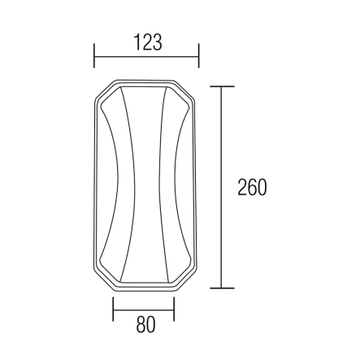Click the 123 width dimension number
click(148, 42)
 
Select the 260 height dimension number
click(252, 187)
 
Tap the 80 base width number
click(145, 324)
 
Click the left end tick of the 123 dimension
click(94, 55)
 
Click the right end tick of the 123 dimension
click(199, 55)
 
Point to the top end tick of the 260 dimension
click(222, 86)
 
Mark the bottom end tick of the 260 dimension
click(222, 288)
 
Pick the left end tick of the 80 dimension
click(113, 309)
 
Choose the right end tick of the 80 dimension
click(174, 309)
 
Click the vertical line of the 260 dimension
click(222, 187)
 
